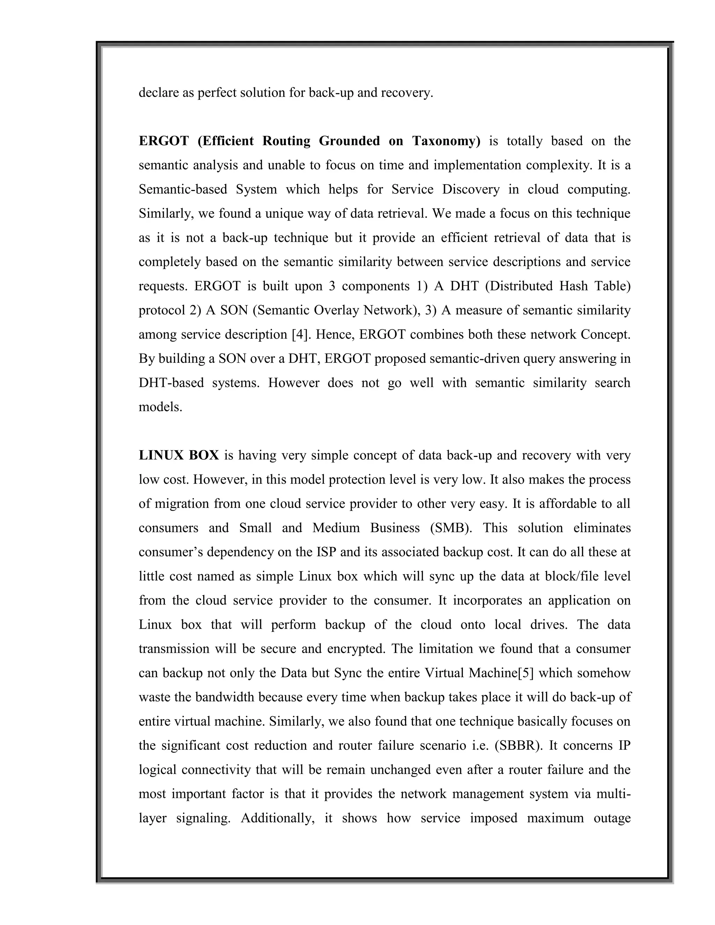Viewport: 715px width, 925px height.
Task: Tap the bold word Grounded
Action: [x=349, y=141]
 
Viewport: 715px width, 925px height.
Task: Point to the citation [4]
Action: [x=298, y=335]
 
